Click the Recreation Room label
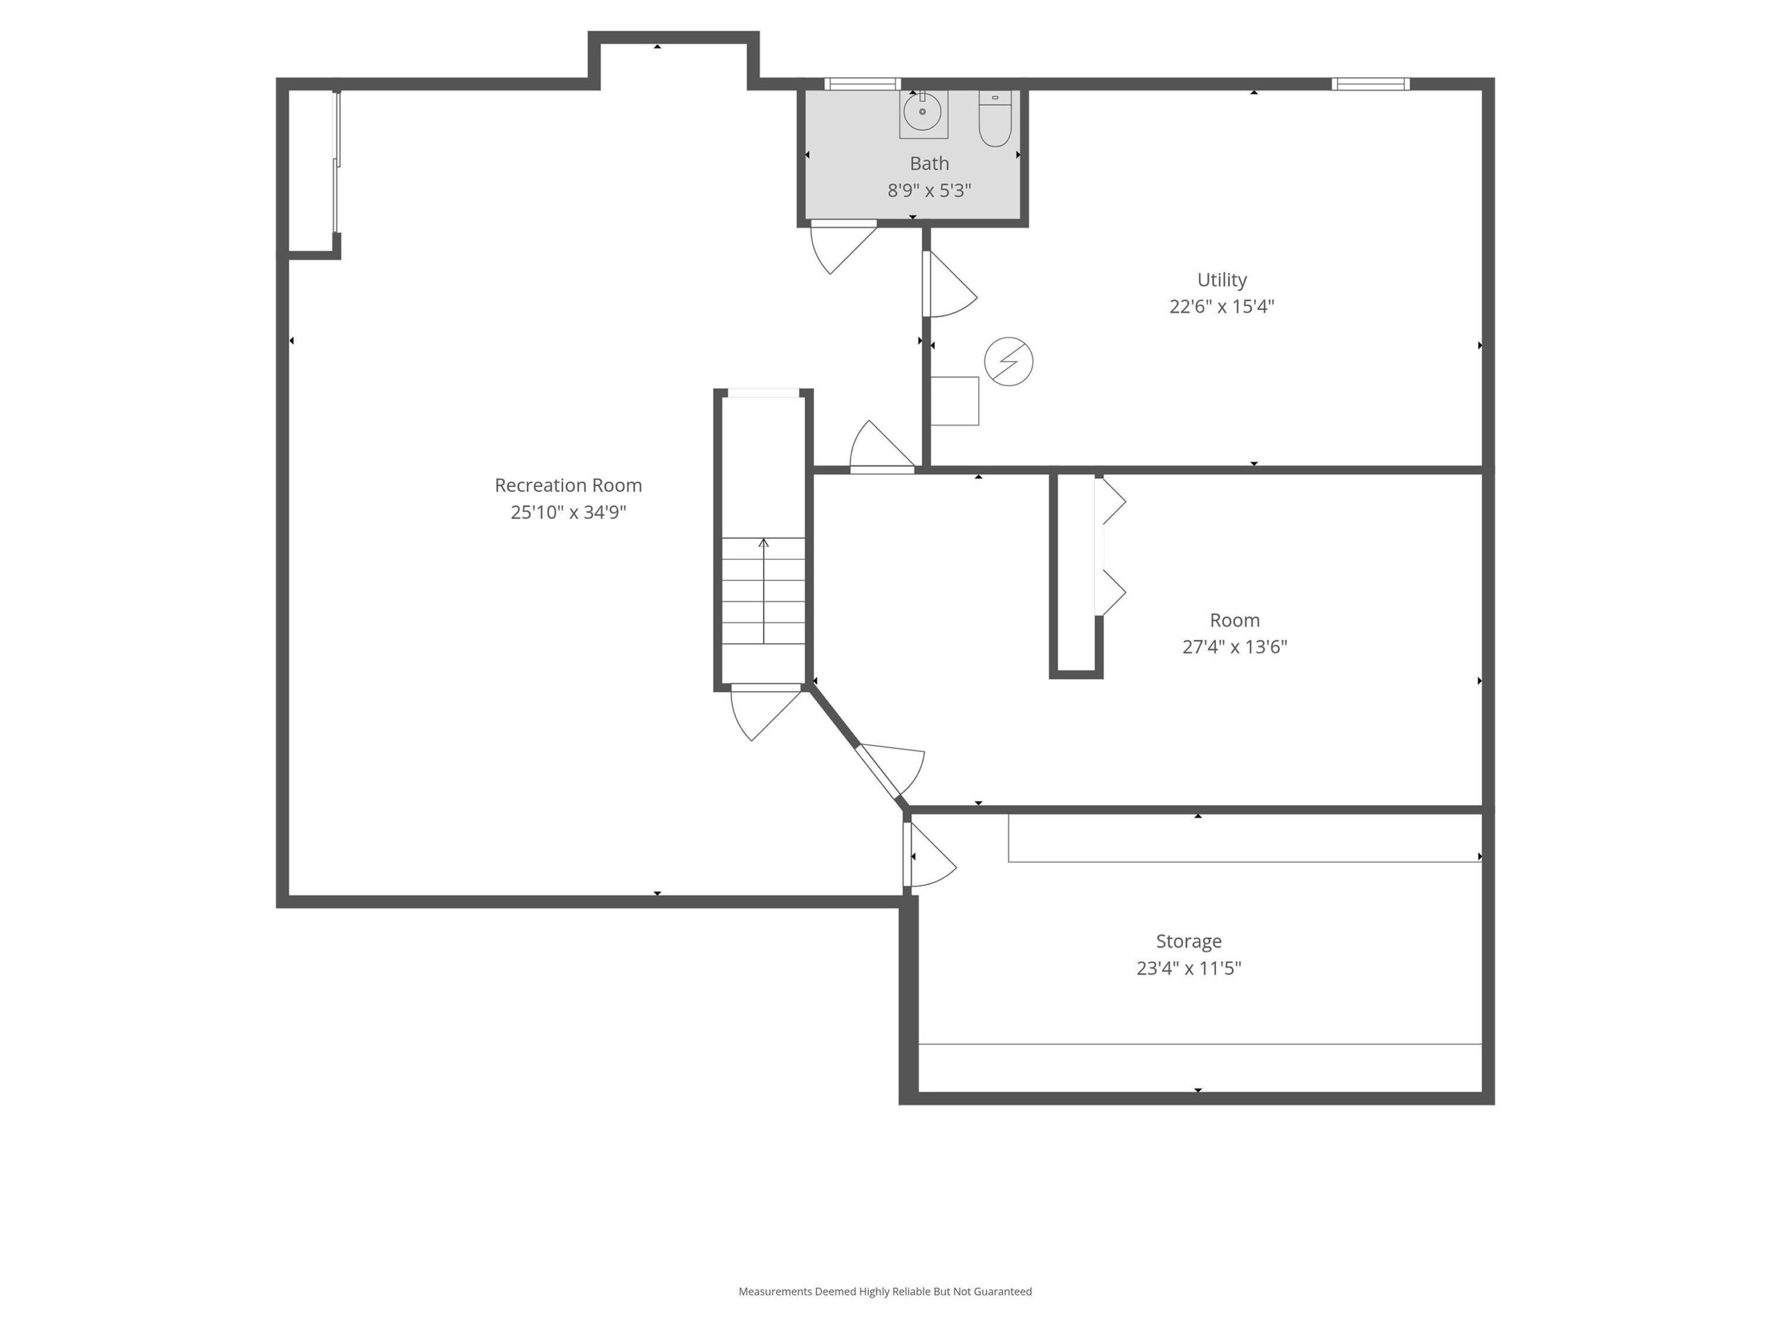568,485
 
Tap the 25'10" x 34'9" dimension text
568,513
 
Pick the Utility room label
1222,280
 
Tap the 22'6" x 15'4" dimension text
1222,306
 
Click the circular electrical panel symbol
1009,361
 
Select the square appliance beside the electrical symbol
955,401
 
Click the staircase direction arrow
764,591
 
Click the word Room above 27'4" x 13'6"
1235,620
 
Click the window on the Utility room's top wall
1370,84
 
